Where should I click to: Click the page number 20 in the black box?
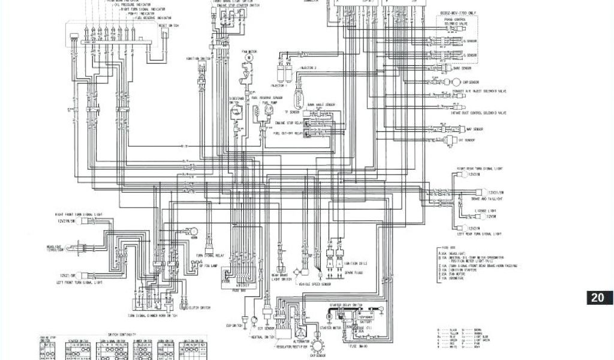point(598,298)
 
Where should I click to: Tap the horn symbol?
point(194,231)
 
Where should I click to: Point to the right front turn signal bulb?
point(82,221)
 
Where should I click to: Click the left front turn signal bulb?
point(83,275)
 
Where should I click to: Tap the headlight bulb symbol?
point(76,248)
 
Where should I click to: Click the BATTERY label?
point(363,322)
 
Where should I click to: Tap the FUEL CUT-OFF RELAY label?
point(287,133)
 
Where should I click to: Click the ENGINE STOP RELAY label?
point(288,122)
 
